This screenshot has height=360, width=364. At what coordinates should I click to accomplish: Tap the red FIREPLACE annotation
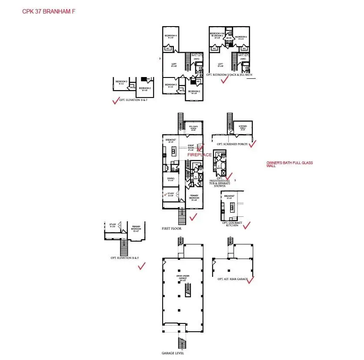(200, 155)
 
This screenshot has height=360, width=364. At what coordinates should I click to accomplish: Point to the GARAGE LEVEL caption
(172, 353)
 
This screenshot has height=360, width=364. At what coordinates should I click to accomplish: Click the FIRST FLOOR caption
(171, 228)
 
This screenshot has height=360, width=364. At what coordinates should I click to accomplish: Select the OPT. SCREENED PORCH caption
(232, 144)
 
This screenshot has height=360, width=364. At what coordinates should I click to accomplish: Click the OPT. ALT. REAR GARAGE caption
(233, 279)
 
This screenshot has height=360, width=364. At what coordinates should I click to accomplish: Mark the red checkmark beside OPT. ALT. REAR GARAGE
(250, 280)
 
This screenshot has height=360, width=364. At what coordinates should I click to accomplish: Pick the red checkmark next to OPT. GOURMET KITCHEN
(247, 225)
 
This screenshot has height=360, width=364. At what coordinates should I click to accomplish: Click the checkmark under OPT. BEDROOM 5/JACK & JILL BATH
(225, 81)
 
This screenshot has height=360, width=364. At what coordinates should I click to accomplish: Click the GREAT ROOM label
(190, 148)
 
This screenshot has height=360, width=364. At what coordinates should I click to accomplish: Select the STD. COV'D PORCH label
(193, 128)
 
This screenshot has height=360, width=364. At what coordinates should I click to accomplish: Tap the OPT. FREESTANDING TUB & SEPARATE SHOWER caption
(222, 182)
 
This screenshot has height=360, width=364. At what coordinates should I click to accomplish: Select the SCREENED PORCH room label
(243, 127)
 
